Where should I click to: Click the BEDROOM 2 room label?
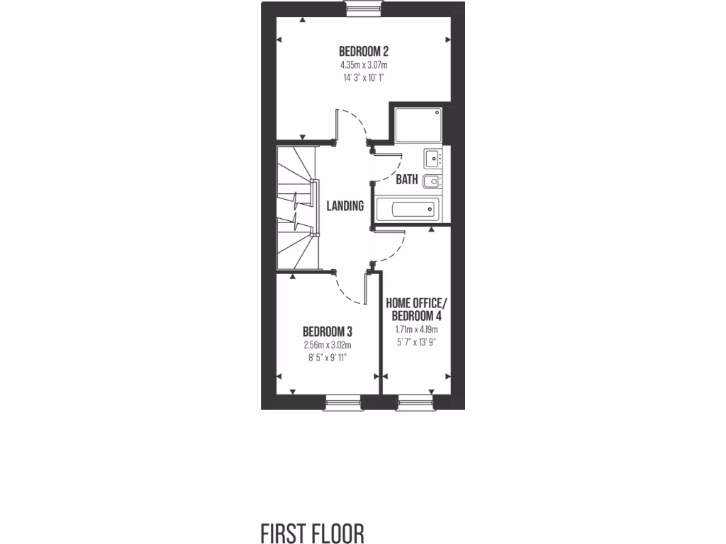363,51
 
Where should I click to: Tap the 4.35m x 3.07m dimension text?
363,65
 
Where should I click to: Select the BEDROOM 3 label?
328,331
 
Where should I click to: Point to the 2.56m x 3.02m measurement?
328,345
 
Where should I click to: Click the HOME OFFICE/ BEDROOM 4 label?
416,309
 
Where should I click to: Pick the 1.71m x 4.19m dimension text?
416,329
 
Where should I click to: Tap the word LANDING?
345,206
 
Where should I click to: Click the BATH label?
407,180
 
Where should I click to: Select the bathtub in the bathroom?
407,210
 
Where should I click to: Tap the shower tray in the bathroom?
417,125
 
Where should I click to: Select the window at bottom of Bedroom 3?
344,404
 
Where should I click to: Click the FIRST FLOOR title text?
313,533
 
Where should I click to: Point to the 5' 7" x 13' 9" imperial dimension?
416,341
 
